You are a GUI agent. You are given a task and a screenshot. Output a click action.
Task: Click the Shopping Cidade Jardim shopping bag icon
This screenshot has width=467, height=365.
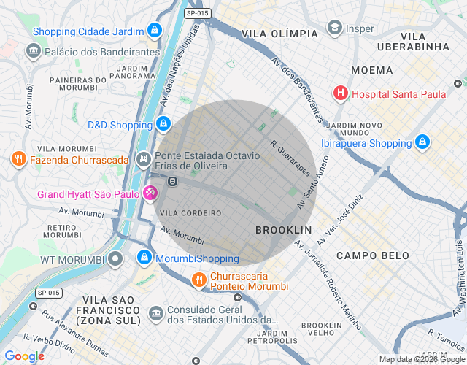(x=154, y=31)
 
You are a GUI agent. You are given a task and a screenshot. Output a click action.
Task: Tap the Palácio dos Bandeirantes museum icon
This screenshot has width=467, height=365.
(x=33, y=52)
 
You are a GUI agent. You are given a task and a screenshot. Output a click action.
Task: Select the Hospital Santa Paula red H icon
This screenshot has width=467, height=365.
(x=340, y=93)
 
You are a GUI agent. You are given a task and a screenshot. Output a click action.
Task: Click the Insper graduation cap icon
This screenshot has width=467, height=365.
(x=334, y=29)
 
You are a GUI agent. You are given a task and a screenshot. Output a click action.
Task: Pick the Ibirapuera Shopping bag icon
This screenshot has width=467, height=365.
(x=422, y=142)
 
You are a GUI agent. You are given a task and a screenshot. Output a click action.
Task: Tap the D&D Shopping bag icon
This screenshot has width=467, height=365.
(x=164, y=125)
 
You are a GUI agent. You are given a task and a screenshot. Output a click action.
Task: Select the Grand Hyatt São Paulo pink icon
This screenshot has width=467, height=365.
(x=150, y=194)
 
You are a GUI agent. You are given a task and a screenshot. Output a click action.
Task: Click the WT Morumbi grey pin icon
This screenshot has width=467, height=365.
(x=116, y=259)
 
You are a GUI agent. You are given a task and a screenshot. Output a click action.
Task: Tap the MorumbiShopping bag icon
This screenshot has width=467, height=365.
(x=144, y=258)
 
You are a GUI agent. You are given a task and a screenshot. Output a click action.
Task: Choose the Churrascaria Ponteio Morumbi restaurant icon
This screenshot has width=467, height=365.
(x=198, y=280)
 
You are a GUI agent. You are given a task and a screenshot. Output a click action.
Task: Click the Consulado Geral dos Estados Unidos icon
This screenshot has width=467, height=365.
(x=155, y=314)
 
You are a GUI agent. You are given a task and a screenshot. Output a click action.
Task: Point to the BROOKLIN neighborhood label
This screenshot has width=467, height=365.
(x=283, y=230)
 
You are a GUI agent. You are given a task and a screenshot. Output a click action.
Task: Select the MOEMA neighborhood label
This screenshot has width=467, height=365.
(x=371, y=70)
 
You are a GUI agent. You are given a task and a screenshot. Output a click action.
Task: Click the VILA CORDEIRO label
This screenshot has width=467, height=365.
(x=190, y=213)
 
